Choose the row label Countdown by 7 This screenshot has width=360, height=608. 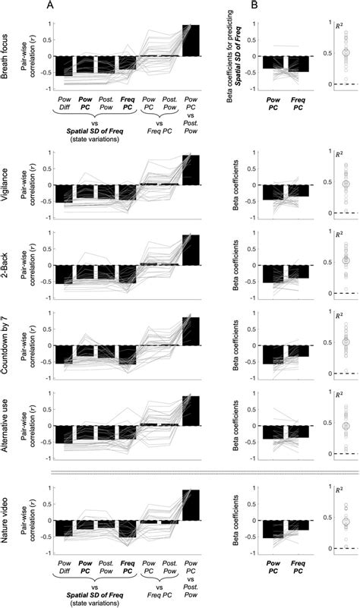[x=7, y=345]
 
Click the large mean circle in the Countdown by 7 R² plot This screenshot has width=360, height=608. [x=345, y=342]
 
